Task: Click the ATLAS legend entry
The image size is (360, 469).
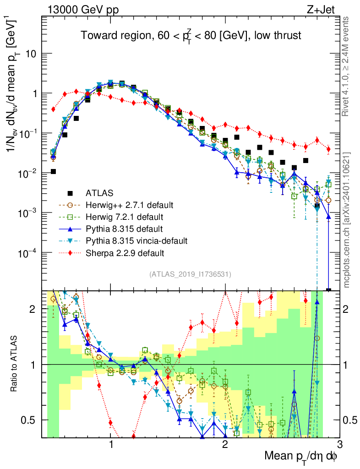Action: coord(100,193)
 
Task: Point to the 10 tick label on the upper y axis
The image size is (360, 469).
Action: coord(31,54)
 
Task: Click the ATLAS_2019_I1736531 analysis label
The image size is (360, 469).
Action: coord(190,274)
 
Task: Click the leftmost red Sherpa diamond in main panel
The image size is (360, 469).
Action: coord(53,109)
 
